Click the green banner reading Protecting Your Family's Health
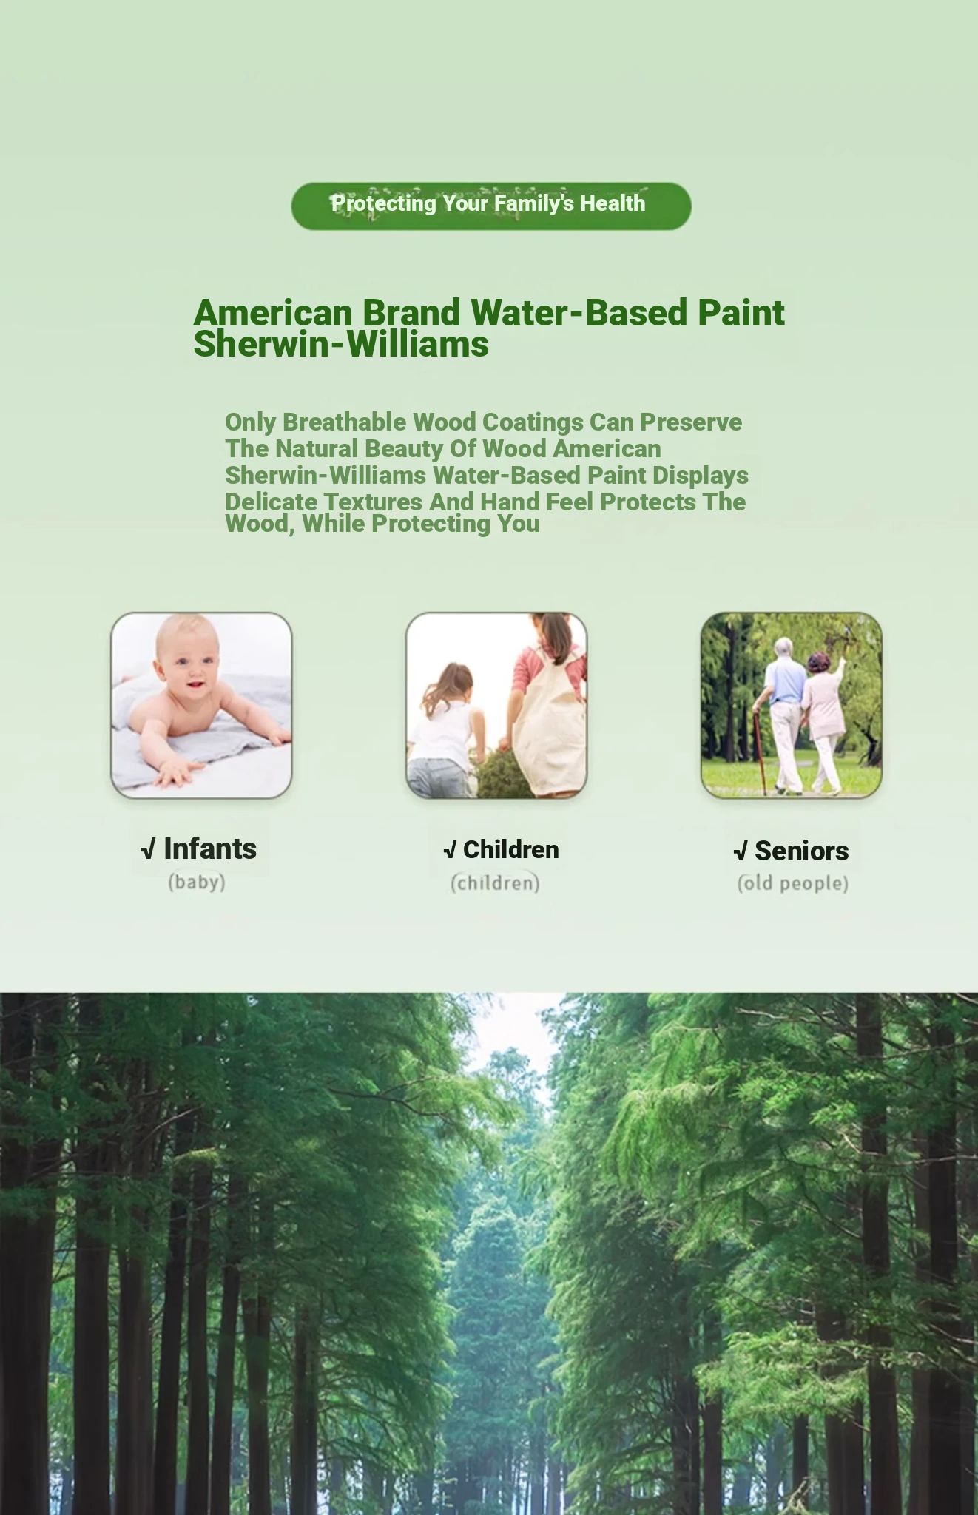(x=491, y=206)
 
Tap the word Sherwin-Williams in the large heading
(x=341, y=345)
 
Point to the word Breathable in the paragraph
(x=345, y=422)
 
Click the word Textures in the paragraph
(x=374, y=502)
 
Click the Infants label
(x=198, y=849)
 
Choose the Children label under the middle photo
(x=502, y=850)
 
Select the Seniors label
(x=792, y=851)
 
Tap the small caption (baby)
(x=197, y=882)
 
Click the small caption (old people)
(x=793, y=883)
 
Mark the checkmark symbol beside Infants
(x=148, y=850)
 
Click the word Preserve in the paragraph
(x=691, y=422)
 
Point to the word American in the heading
(x=273, y=313)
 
